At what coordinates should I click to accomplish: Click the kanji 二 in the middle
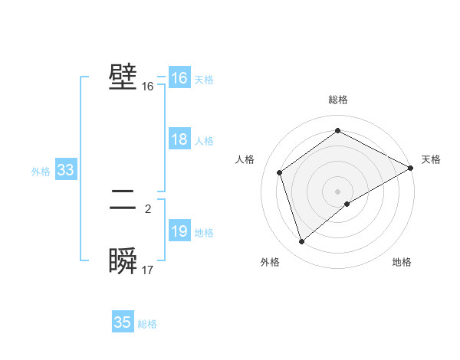[123, 201]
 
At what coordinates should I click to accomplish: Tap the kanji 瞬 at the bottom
[123, 261]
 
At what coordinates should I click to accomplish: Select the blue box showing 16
[179, 79]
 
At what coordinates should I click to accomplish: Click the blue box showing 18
[179, 140]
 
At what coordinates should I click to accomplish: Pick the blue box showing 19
[179, 232]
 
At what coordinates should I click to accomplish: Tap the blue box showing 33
[65, 171]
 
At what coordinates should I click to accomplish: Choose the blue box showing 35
[123, 322]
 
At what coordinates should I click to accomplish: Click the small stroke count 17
[148, 270]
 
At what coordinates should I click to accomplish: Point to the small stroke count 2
[148, 208]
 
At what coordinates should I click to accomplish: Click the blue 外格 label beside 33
[41, 172]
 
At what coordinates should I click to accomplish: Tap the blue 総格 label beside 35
[147, 324]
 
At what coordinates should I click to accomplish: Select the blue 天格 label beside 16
[204, 80]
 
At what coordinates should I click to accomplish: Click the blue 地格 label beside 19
[204, 233]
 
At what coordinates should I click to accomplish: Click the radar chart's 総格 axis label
[337, 100]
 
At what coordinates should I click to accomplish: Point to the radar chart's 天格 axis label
[431, 159]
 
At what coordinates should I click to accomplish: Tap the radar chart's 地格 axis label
[402, 263]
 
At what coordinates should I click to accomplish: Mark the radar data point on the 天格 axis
[411, 168]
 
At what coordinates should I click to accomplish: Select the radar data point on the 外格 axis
[302, 242]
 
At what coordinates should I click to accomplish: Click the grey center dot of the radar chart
[337, 191]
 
